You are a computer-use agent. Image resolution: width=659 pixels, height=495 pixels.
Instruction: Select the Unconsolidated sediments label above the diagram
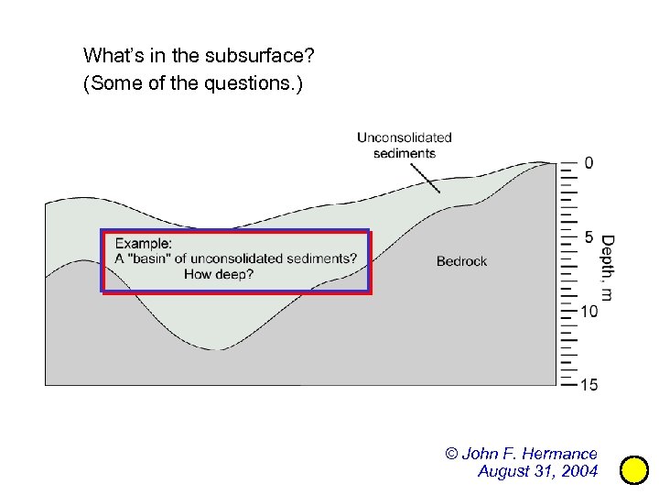(405, 145)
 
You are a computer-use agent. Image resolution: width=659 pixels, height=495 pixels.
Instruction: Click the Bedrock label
(461, 261)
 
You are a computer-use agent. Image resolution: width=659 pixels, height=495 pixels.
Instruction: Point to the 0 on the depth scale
(589, 163)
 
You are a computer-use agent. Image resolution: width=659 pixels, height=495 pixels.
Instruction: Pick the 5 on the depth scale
(589, 237)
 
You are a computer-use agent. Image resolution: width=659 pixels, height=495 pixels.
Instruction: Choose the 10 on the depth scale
(590, 312)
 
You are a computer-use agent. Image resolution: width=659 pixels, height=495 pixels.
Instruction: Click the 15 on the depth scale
(590, 385)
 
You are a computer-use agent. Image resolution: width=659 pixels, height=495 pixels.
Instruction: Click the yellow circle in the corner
(633, 470)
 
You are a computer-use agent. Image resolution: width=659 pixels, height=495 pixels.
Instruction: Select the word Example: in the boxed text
(143, 243)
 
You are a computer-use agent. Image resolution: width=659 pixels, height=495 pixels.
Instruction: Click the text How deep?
(219, 273)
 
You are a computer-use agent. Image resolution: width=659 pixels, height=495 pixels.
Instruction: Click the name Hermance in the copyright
(559, 454)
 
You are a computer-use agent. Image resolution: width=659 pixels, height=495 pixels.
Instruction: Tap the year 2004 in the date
(579, 471)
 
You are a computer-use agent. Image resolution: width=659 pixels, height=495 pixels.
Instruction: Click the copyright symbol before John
(451, 454)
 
